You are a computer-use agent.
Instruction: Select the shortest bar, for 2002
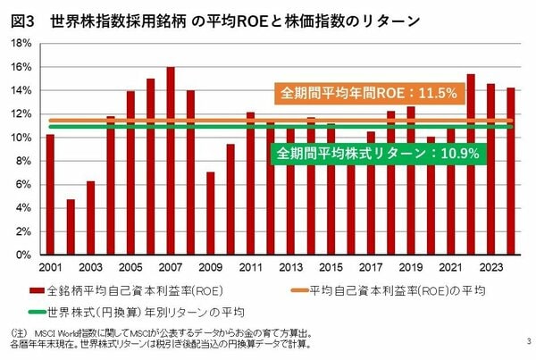pyautogui.click(x=71, y=227)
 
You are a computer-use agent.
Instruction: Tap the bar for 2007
pyautogui.click(x=170, y=161)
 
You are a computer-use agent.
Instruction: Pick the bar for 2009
pyautogui.click(x=210, y=213)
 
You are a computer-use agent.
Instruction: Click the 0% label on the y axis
pyautogui.click(x=27, y=255)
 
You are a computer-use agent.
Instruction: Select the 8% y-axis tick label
pyautogui.click(x=27, y=161)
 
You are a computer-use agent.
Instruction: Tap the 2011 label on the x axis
pyautogui.click(x=250, y=268)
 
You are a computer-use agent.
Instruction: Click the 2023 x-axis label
pyautogui.click(x=490, y=268)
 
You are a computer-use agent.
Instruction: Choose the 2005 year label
pyautogui.click(x=130, y=268)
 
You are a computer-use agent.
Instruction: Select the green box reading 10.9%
pyautogui.click(x=378, y=153)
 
